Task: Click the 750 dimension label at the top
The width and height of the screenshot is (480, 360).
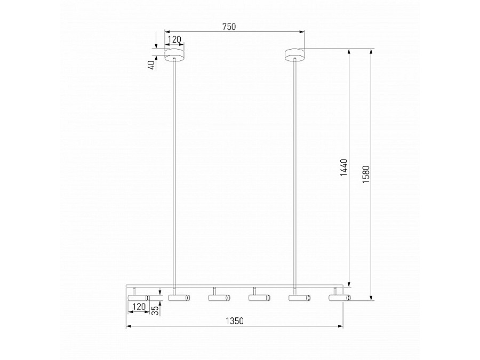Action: tap(229, 27)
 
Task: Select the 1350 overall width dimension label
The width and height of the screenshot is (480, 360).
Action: tap(235, 321)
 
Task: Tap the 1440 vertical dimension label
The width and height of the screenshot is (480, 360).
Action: tap(344, 167)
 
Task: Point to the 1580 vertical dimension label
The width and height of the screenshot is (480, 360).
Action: tap(366, 174)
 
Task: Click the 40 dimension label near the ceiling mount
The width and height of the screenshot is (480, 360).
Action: tap(151, 65)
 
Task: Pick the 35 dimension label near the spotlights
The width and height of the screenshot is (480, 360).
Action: tap(156, 311)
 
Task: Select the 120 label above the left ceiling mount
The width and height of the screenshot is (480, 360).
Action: tap(175, 39)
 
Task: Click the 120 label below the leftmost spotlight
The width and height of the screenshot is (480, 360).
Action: tap(139, 307)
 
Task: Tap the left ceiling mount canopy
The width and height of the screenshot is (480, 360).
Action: tap(174, 55)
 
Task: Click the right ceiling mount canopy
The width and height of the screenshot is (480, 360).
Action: tap(295, 55)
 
